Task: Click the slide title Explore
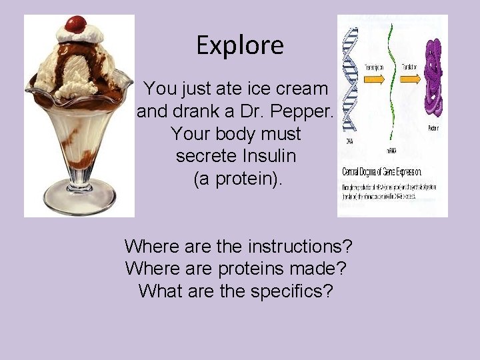pos(240,45)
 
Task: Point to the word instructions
pos(300,247)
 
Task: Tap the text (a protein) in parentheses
pos(238,179)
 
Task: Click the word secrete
pos(206,156)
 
